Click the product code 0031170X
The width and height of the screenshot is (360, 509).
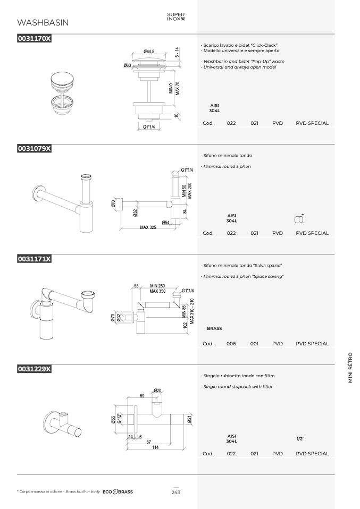[x=34, y=38]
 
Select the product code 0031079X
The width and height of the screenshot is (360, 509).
[x=34, y=148]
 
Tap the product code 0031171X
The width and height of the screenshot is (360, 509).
[x=34, y=259]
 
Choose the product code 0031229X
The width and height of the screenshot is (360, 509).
[x=34, y=369]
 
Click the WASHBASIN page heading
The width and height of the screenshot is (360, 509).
[x=43, y=22]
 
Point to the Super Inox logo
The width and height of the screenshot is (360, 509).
[x=176, y=16]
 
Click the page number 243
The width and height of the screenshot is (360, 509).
[x=176, y=492]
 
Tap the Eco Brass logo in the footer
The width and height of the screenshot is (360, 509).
[x=118, y=492]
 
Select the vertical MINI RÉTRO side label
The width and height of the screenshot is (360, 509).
[x=350, y=368]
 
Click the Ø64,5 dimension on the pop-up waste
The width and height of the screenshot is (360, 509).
[x=149, y=52]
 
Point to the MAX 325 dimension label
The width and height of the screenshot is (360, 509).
[x=148, y=227]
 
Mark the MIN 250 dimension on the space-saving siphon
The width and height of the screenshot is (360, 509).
[x=157, y=286]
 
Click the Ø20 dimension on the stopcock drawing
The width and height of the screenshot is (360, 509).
[x=157, y=391]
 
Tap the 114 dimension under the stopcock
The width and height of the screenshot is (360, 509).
[x=155, y=447]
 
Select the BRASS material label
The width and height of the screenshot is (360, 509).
[x=214, y=328]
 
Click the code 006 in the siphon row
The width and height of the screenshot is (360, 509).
[x=231, y=343]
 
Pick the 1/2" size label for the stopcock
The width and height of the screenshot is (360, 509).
[x=300, y=439]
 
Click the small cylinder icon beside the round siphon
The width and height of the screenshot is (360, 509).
[x=300, y=219]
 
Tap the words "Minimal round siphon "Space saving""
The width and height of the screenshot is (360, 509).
[x=244, y=277]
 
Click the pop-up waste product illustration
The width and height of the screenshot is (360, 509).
[x=62, y=92]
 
